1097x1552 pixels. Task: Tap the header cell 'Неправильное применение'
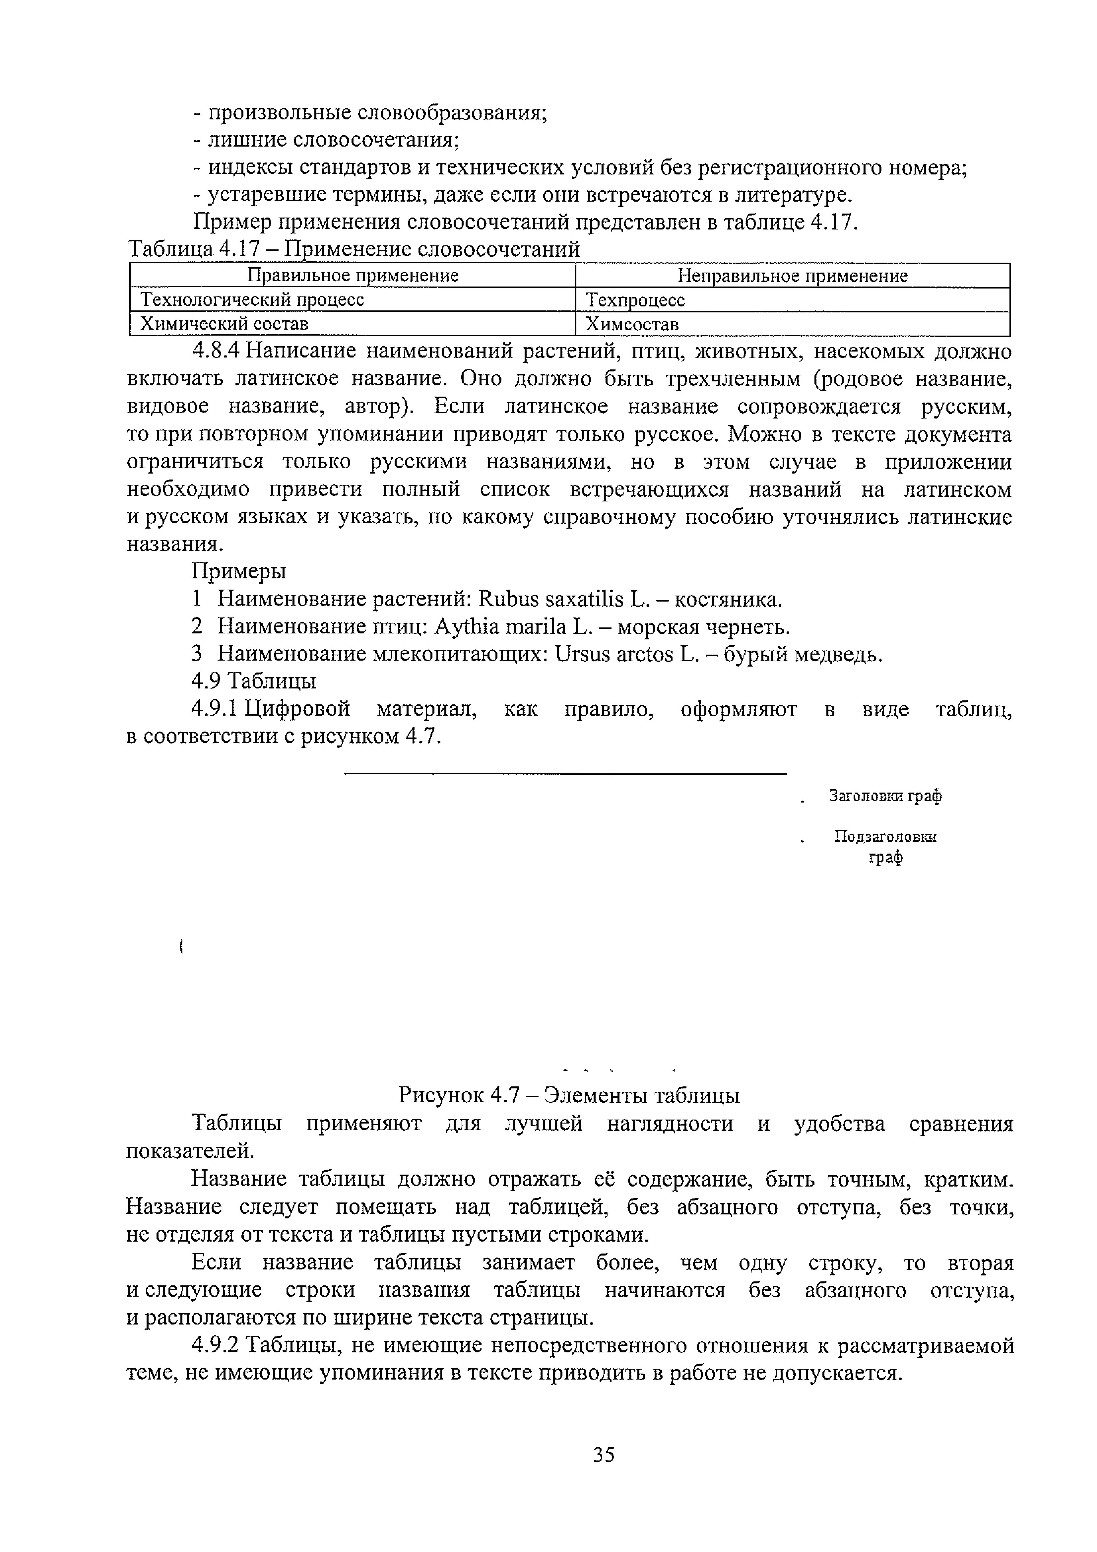point(792,276)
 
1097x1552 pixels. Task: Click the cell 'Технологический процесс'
point(252,299)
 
